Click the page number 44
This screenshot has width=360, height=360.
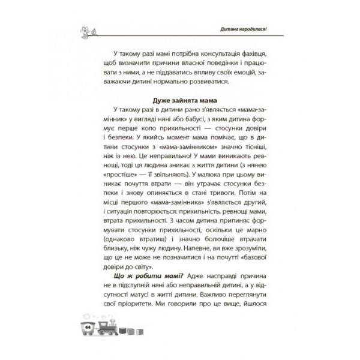[x=88, y=326]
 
